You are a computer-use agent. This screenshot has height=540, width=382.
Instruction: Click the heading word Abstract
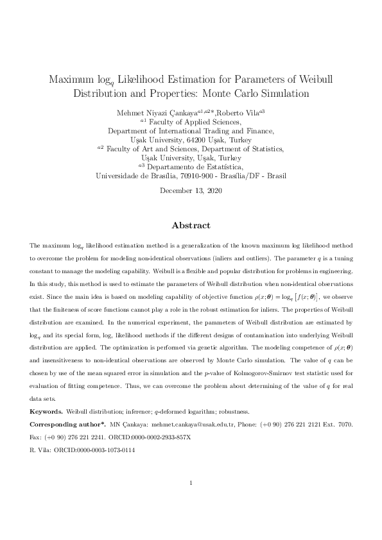coord(191,226)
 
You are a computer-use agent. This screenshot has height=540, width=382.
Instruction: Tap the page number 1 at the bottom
coord(191,501)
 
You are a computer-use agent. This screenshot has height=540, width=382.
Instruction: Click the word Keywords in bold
coord(46,410)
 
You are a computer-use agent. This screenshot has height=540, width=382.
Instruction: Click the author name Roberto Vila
coord(236,112)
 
